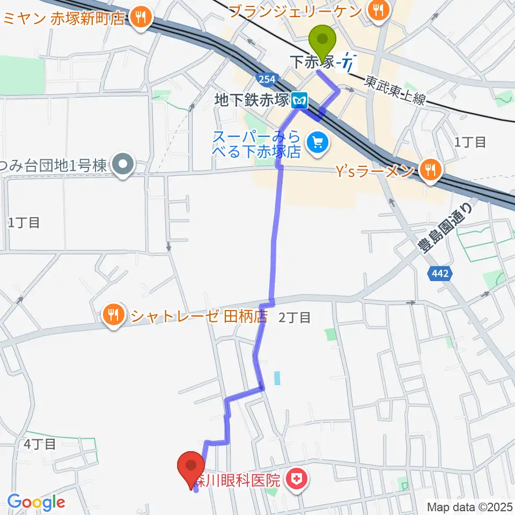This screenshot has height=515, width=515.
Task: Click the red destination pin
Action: click(191, 467)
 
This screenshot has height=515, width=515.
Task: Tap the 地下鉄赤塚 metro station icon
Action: click(299, 99)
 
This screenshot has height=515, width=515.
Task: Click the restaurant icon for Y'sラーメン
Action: click(431, 171)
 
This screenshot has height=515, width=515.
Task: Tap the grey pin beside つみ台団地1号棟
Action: click(123, 166)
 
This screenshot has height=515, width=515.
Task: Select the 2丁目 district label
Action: click(295, 318)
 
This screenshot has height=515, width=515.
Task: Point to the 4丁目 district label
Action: click(40, 444)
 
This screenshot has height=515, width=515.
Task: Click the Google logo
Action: click(35, 502)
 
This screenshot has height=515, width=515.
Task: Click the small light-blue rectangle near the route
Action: click(277, 379)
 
